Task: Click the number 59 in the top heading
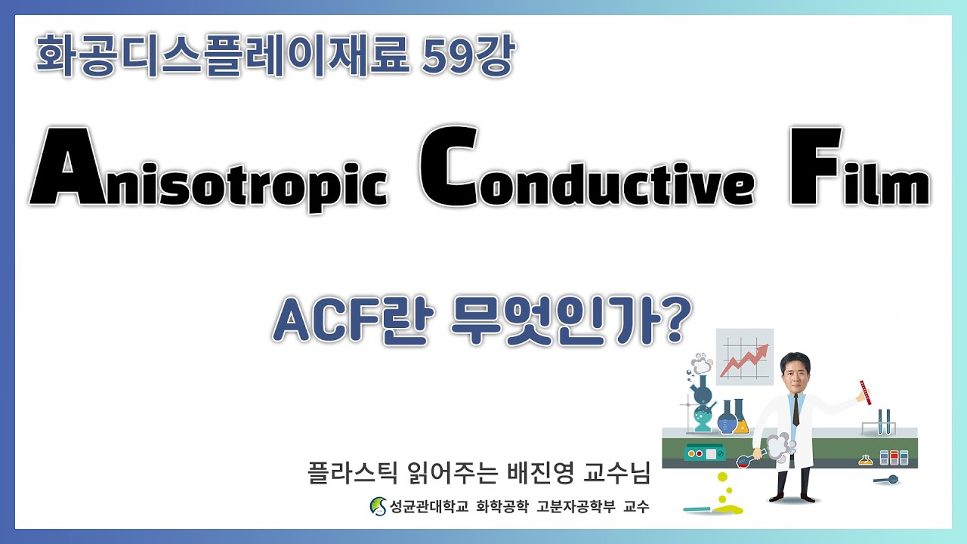(448, 58)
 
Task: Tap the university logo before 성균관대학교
(377, 506)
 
